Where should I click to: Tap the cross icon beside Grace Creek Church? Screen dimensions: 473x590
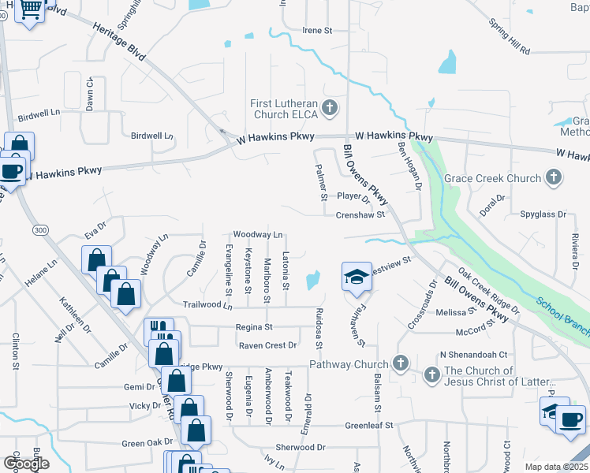point(554,177)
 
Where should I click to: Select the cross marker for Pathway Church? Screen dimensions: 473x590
point(401,363)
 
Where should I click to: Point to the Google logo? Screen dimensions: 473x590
point(26,464)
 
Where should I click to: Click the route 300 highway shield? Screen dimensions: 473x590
point(41,229)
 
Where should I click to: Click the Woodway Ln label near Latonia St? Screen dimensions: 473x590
point(257,234)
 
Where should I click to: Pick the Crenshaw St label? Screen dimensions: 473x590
point(360,214)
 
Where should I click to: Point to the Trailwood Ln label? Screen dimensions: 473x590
point(207,305)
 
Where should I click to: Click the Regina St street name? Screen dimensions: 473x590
point(253,326)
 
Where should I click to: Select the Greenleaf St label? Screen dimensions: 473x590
point(368,425)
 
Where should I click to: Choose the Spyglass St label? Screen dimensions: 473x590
point(544,214)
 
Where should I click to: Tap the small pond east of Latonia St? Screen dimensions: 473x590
point(313,279)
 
